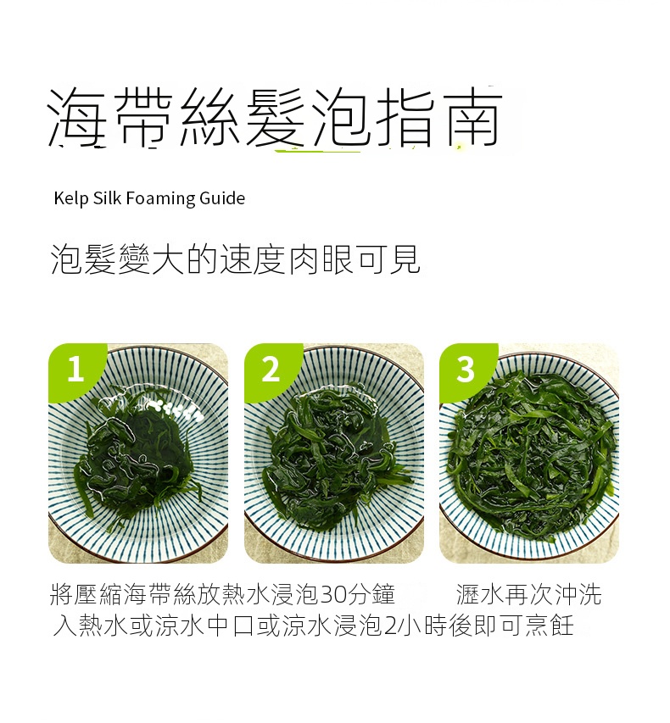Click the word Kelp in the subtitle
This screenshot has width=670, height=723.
(x=71, y=198)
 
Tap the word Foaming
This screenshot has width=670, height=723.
(x=160, y=198)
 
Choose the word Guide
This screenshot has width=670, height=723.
(x=222, y=197)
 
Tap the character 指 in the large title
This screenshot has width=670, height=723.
(x=405, y=117)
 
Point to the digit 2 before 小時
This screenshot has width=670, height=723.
(x=390, y=626)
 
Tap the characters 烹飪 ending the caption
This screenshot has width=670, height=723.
(x=549, y=626)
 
